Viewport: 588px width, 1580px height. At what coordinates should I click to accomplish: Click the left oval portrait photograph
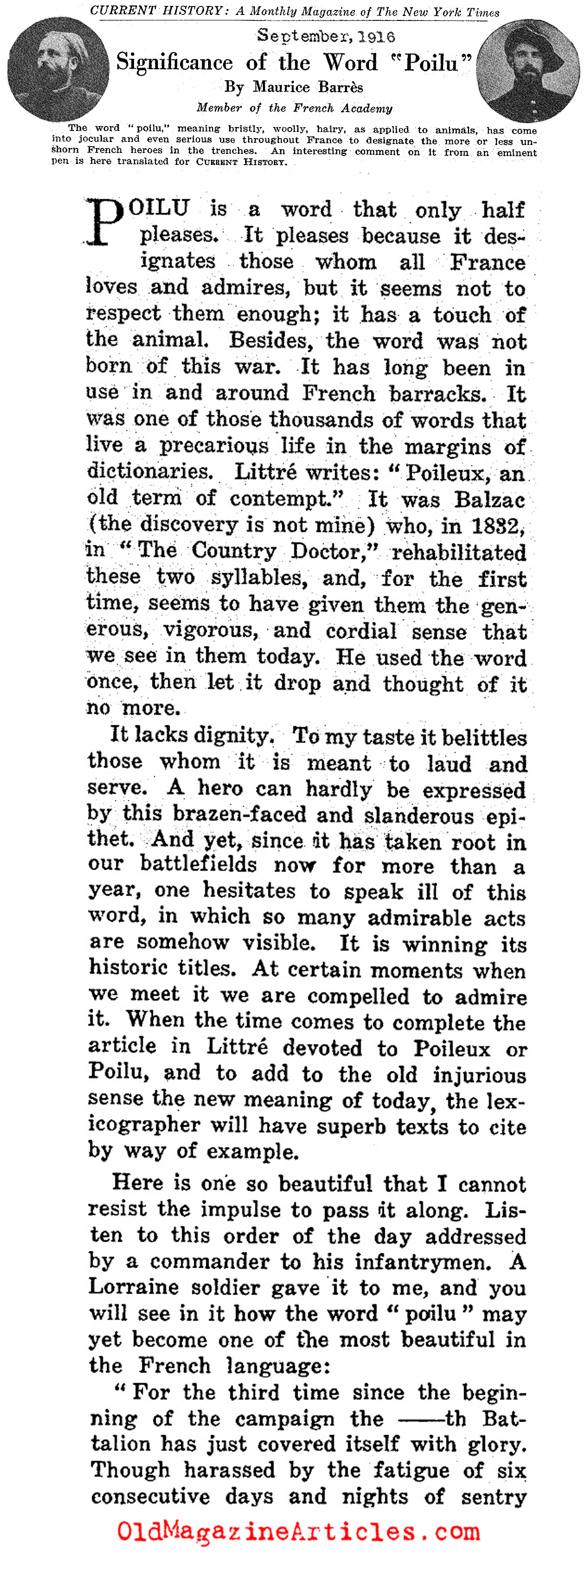(58, 69)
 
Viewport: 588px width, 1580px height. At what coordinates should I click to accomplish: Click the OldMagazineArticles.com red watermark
(298, 1532)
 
